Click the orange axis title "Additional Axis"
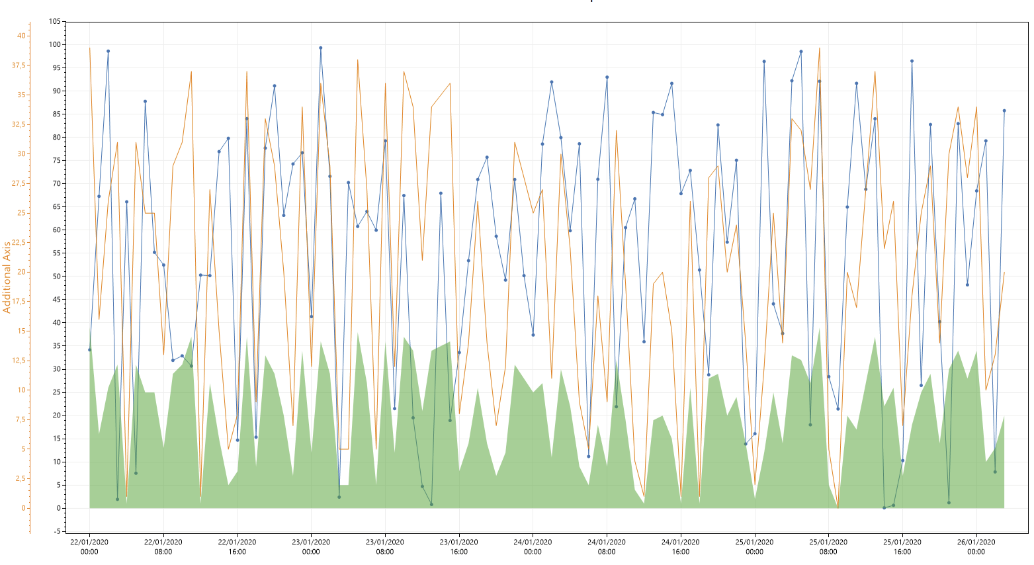[x=7, y=277]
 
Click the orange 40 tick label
[x=22, y=36]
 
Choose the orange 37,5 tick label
[x=19, y=65]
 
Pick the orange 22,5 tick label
[x=19, y=242]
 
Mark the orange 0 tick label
[x=24, y=508]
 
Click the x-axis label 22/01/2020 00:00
[x=89, y=546]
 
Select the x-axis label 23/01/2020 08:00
[x=385, y=546]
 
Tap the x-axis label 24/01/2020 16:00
[x=681, y=546]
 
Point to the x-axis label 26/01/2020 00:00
[x=976, y=546]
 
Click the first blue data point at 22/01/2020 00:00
[x=90, y=350]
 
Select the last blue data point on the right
[x=1004, y=111]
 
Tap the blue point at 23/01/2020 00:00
[x=312, y=317]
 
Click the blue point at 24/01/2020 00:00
[x=533, y=335]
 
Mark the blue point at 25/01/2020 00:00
[x=755, y=434]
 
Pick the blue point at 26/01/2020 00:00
[x=976, y=191]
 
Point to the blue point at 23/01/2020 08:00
[x=386, y=141]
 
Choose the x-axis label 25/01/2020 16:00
[x=902, y=546]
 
